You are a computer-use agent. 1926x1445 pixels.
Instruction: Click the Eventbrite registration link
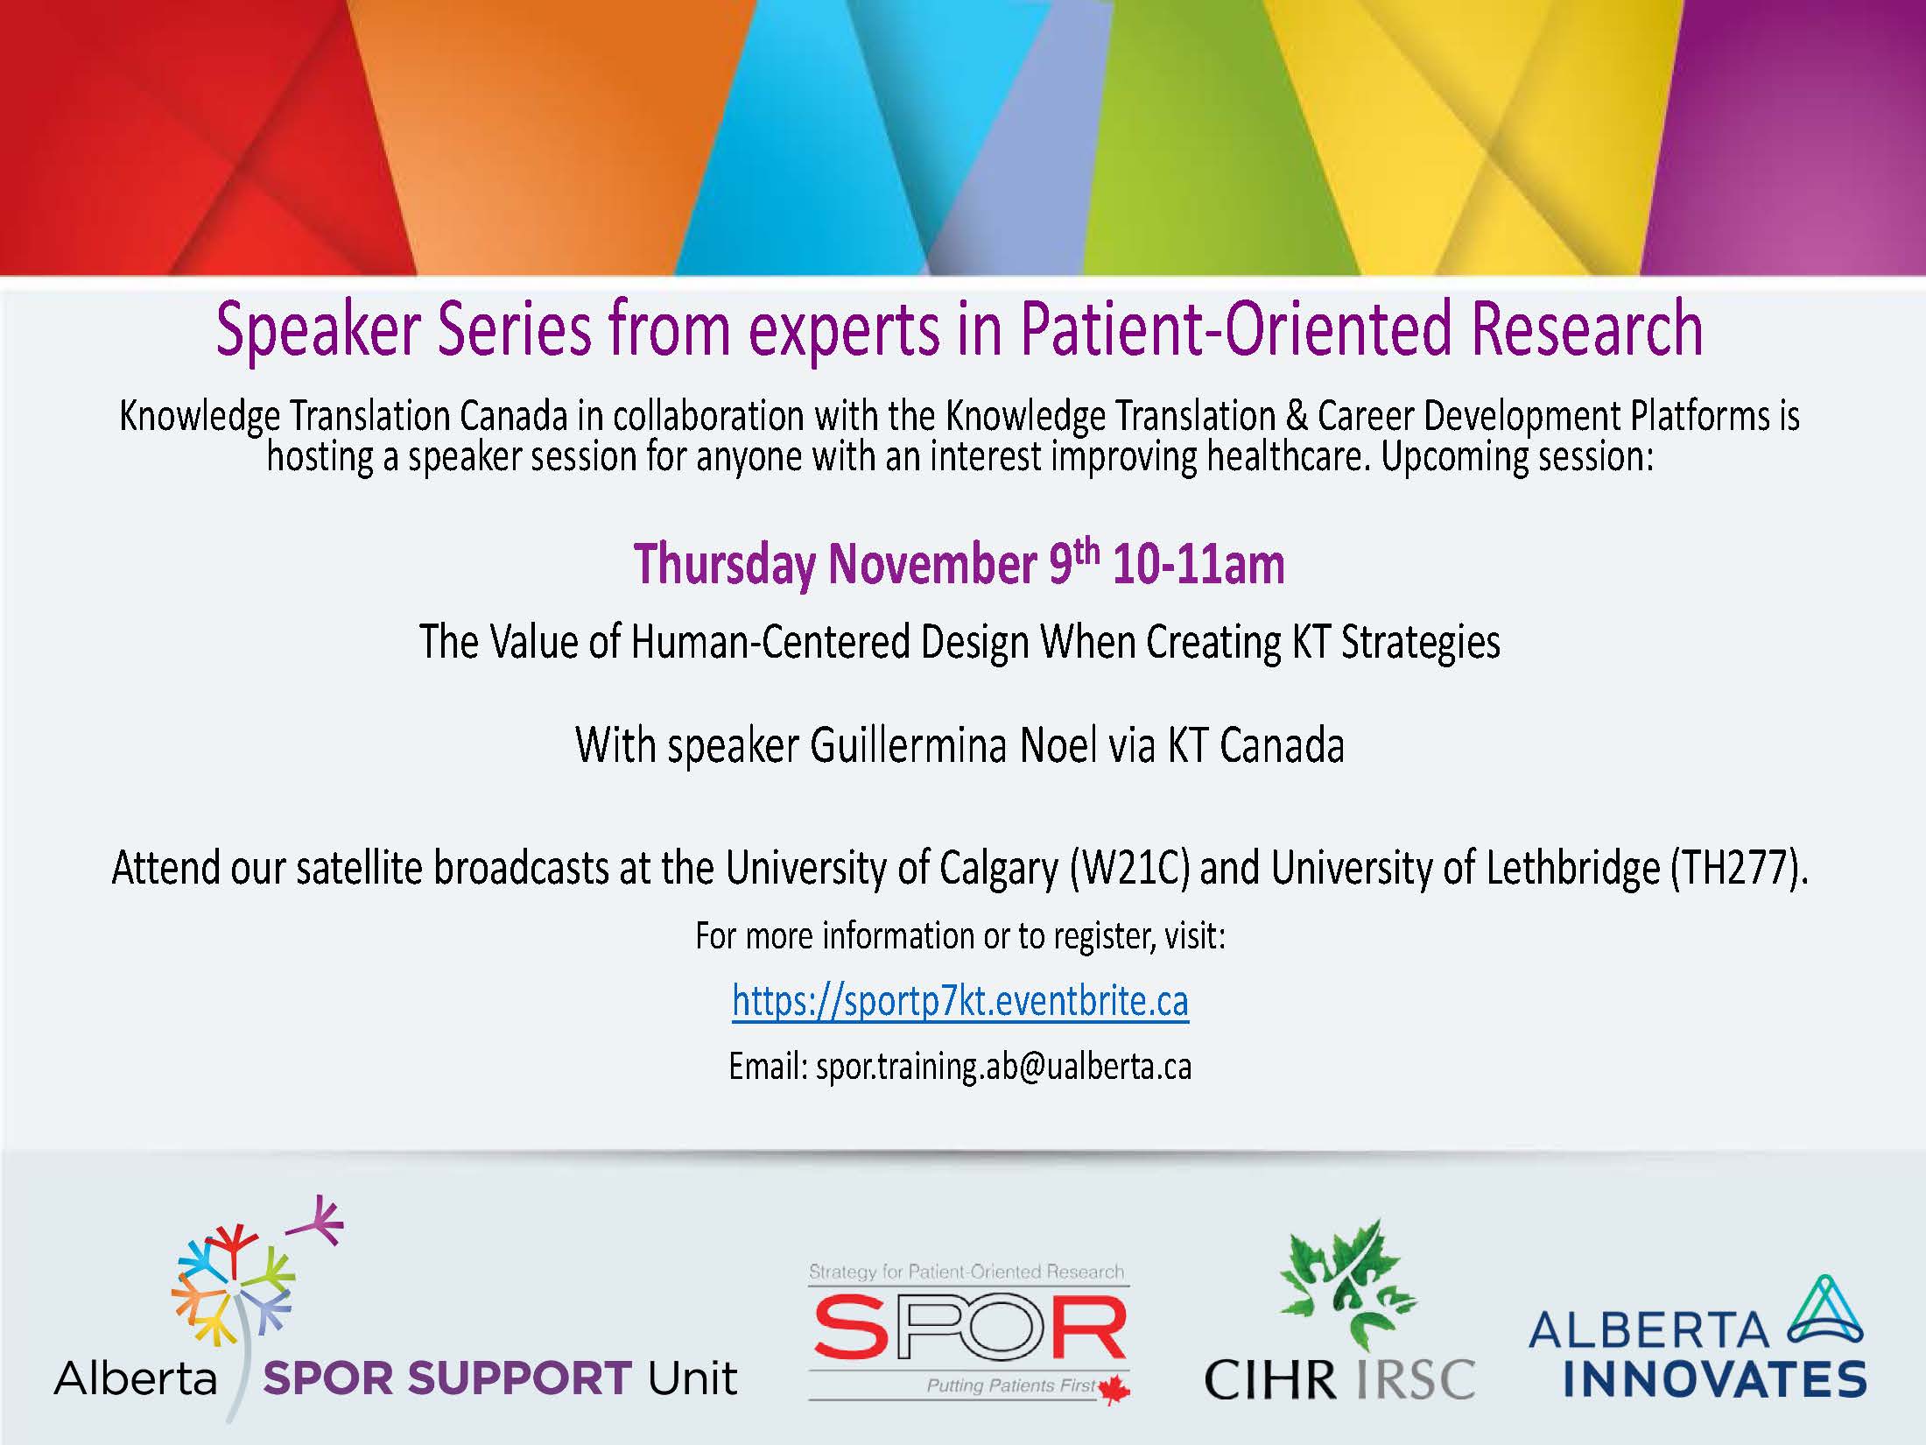tap(960, 1001)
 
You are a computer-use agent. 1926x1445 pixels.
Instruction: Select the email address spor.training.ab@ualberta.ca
tap(1004, 1067)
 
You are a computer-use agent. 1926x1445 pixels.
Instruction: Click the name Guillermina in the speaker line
tap(908, 745)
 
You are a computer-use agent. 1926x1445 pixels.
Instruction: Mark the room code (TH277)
tap(1739, 868)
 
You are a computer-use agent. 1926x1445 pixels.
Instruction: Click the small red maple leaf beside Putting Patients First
tap(1114, 1389)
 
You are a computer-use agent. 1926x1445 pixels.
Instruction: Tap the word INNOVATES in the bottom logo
tap(1715, 1378)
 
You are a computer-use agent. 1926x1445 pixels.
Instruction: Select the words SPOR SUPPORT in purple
tap(446, 1378)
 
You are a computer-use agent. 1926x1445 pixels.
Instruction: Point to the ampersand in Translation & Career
tap(1297, 417)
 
